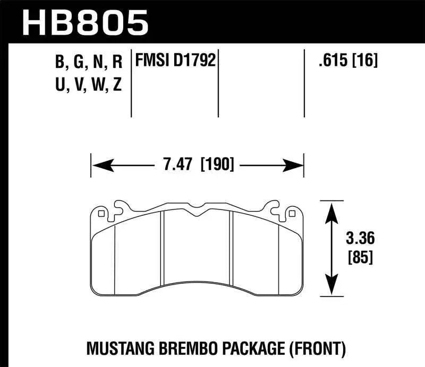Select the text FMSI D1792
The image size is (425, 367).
click(176, 60)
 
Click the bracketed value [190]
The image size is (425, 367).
click(217, 165)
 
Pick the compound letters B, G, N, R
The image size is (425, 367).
click(89, 63)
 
